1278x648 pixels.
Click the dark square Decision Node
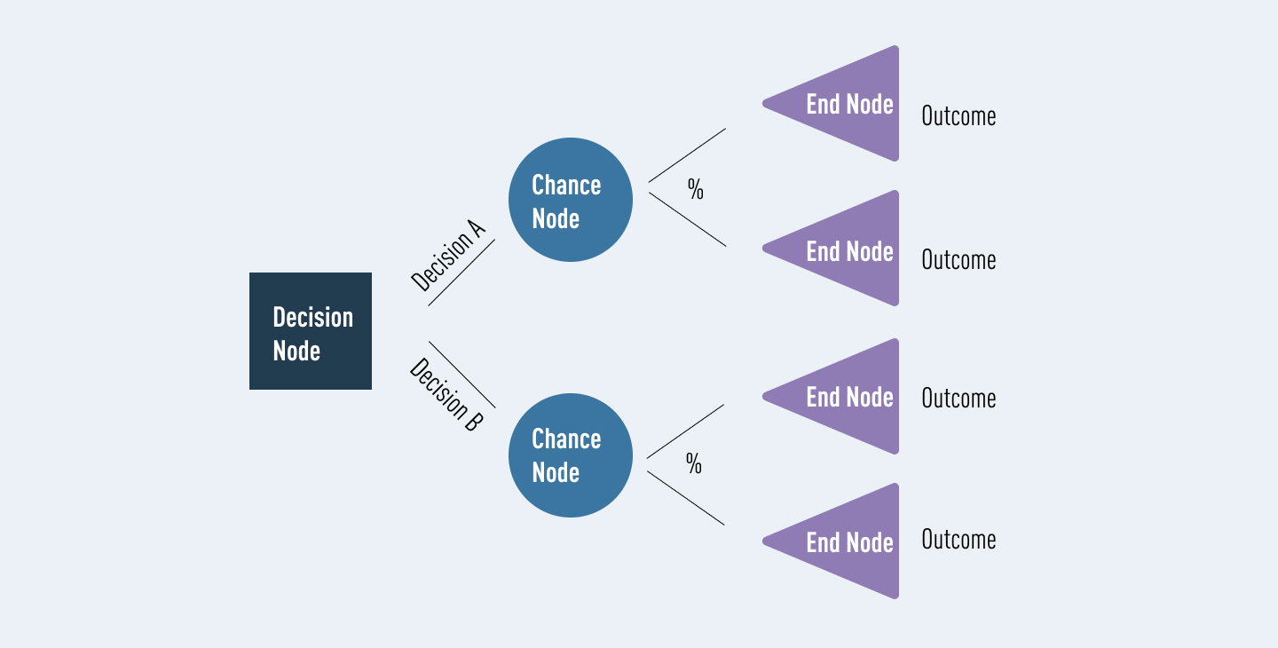[311, 331]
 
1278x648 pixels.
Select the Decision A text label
[448, 257]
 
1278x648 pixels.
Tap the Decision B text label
[446, 395]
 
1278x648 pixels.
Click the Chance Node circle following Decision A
[571, 200]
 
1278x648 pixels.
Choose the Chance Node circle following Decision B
[571, 455]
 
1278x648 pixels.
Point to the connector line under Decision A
[461, 273]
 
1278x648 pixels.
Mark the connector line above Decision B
[461, 374]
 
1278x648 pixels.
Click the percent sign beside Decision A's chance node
[695, 189]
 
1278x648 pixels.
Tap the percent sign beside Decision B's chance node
[693, 463]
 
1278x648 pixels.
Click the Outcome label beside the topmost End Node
[958, 116]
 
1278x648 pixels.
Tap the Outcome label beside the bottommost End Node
[958, 540]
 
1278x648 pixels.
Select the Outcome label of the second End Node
[958, 260]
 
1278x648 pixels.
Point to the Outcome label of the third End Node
[958, 399]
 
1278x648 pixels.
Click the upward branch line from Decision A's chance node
[687, 155]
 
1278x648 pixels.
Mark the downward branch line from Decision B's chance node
[685, 498]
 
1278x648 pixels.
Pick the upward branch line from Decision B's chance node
[685, 431]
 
